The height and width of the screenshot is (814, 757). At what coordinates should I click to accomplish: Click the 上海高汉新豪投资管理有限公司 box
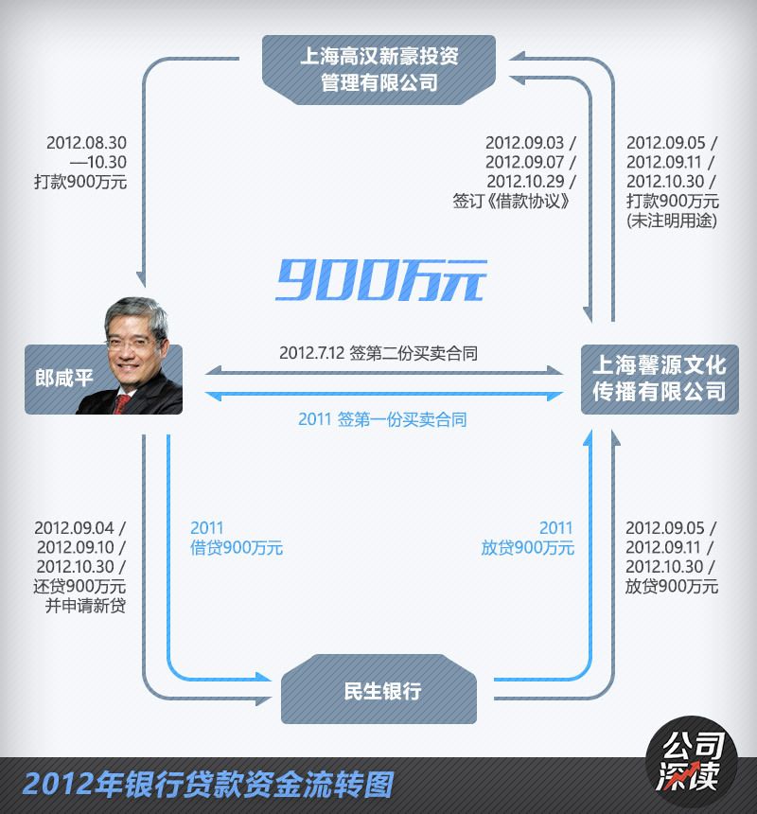click(378, 69)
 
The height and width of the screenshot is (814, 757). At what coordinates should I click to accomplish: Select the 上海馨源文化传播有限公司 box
click(659, 378)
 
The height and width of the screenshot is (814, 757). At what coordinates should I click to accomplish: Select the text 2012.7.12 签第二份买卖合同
click(378, 353)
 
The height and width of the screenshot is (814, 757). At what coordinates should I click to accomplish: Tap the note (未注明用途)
click(672, 221)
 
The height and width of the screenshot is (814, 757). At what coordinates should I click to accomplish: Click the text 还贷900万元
click(85, 587)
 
